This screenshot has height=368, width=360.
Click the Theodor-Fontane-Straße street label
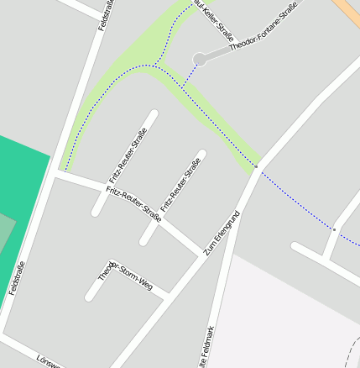(263, 31)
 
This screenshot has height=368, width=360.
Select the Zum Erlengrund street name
(222, 233)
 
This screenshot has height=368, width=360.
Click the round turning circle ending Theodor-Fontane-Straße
(199, 59)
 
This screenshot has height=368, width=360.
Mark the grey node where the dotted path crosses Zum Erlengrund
(257, 167)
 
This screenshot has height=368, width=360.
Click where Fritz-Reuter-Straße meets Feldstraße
(57, 174)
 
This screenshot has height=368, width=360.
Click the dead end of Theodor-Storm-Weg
(89, 297)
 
